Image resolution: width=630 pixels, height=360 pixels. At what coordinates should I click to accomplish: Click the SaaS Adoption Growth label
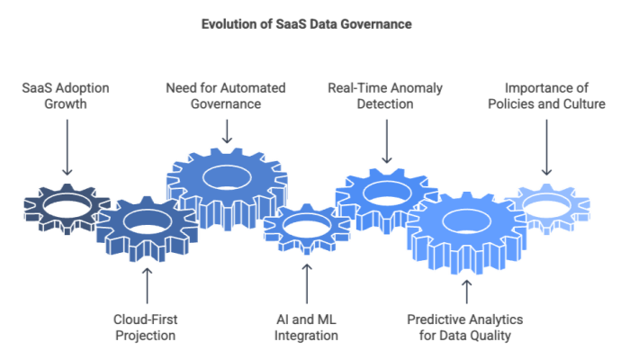tap(65, 96)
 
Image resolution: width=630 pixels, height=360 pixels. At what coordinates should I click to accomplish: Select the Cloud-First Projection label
tap(145, 326)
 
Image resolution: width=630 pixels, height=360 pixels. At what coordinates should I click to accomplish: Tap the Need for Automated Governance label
tap(226, 96)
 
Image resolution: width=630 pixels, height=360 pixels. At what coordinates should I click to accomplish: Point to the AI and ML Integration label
tap(305, 326)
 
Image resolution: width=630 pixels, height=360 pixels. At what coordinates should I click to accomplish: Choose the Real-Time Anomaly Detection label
tap(385, 96)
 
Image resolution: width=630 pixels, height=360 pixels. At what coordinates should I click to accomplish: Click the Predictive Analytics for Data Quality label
tap(465, 326)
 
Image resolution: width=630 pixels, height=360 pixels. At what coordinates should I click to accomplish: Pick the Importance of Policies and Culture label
tap(546, 96)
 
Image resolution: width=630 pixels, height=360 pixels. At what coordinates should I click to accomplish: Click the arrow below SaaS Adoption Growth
tap(65, 148)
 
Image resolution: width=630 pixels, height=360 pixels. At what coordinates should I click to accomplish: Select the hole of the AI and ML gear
tap(305, 226)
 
